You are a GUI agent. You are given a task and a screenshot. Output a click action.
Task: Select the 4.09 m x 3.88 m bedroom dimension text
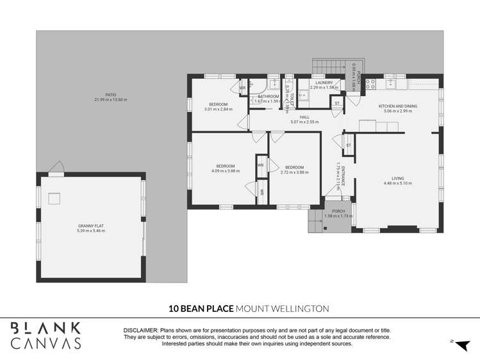(x=224, y=171)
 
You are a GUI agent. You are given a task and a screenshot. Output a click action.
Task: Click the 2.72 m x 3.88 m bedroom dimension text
(x=294, y=172)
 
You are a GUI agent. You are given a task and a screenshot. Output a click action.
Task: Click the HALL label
(x=304, y=117)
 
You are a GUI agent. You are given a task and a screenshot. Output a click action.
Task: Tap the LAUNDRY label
(x=324, y=83)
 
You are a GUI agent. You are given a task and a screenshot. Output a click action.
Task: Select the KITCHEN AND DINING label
(x=397, y=106)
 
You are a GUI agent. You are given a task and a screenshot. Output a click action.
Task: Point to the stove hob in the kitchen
(x=370, y=83)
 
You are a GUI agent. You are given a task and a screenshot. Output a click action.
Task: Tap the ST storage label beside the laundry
(x=336, y=102)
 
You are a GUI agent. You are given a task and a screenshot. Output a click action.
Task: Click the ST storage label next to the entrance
(x=349, y=145)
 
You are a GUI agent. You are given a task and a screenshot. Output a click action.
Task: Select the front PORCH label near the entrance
(x=338, y=211)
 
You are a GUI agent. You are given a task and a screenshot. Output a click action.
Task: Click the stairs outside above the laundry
(x=329, y=66)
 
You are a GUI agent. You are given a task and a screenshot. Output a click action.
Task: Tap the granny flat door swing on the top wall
(x=56, y=168)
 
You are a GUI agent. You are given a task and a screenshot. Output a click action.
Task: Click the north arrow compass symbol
(x=461, y=343)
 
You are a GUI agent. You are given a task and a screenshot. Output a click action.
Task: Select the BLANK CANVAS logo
(x=46, y=336)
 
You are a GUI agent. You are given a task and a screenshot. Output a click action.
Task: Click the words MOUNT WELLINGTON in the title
(x=283, y=309)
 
